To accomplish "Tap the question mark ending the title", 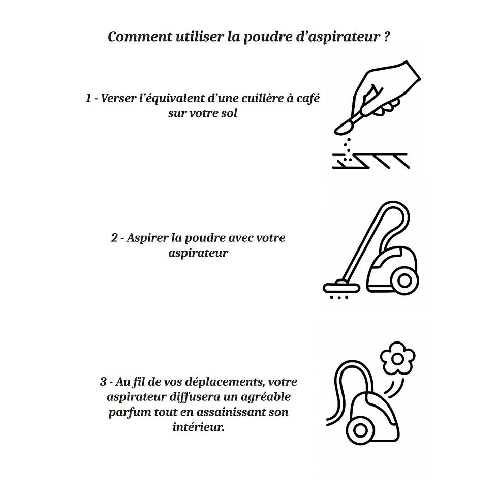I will click(387, 38).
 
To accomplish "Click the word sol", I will click(229, 113).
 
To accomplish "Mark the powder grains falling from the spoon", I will click(347, 149).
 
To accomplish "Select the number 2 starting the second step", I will click(114, 238).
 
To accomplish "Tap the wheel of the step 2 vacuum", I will click(406, 280).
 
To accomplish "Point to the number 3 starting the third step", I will click(103, 382).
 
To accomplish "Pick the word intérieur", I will click(199, 427).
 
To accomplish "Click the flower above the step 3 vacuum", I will click(398, 359).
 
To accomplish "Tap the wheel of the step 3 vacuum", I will click(361, 430).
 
